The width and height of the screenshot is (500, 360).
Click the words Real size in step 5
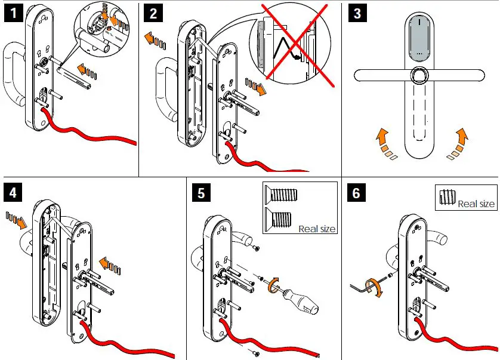click(317, 229)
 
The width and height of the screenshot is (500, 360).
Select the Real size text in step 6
click(476, 204)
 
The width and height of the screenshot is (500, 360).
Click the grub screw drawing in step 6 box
click(447, 198)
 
